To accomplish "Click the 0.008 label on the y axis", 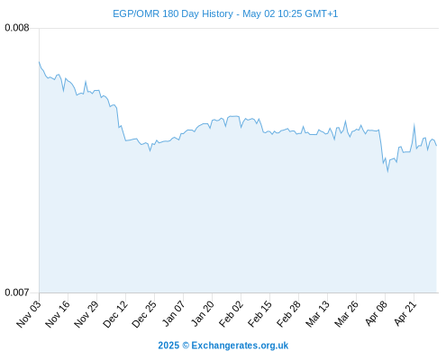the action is point(17,28).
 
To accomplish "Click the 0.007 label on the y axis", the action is point(17,292).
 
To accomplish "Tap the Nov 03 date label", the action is point(29,313).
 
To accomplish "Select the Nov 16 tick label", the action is point(58,313).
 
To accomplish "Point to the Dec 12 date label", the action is point(115,313).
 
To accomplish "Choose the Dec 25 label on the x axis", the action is point(144,313).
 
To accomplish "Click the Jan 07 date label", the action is point(173,313).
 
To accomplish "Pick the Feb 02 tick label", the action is point(231,313).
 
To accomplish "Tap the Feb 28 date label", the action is point(288,313).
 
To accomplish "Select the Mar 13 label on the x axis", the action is point(317,313).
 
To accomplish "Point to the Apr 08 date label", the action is point(376,313).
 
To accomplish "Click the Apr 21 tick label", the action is point(405,313).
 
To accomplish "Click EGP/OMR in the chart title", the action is point(136,13).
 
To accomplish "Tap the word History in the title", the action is point(217,13).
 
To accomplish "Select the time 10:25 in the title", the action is point(290,13).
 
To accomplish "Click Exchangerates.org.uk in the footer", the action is point(240,346).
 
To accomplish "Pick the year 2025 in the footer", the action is point(168,346).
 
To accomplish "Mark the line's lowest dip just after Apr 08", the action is point(387,172).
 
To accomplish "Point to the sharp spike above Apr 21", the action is point(414,124).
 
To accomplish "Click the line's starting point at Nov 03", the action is point(39,62).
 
